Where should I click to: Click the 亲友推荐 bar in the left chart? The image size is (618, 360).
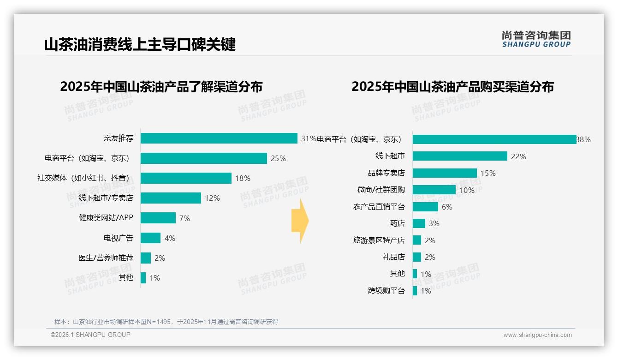[x=219, y=138]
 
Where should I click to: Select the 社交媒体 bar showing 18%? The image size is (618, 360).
[x=186, y=178]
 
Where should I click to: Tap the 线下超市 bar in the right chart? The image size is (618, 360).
[x=460, y=156]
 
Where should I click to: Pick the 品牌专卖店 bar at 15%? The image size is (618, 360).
[x=445, y=173]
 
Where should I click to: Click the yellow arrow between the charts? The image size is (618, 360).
[x=300, y=221]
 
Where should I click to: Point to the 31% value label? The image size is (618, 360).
[x=309, y=138]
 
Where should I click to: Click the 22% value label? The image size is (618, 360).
[x=518, y=156]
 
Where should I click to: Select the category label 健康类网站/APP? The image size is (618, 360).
[x=106, y=218]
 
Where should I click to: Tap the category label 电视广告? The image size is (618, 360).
[x=118, y=238]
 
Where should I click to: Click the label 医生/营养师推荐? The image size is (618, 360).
[x=106, y=258]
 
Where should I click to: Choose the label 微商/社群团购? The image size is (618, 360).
[x=381, y=190]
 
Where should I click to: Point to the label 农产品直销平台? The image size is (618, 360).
[x=379, y=207]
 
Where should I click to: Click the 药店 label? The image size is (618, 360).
[x=397, y=223]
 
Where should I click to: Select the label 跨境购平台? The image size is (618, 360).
[x=386, y=291]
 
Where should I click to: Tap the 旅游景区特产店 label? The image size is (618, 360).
[x=379, y=240]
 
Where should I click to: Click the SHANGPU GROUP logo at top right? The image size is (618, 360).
[x=536, y=39]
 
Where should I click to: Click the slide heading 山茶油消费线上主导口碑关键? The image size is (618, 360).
[x=140, y=45]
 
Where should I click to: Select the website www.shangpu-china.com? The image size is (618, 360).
[x=537, y=335]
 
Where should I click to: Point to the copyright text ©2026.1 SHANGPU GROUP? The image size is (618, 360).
[x=90, y=335]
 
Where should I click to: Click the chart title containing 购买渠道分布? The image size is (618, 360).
[x=452, y=87]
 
